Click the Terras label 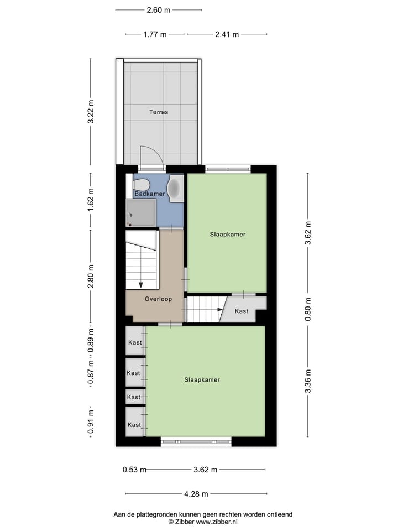pyautogui.click(x=158, y=112)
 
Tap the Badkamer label pyautogui.click(x=150, y=194)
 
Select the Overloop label pyautogui.click(x=158, y=299)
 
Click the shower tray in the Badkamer pyautogui.click(x=141, y=213)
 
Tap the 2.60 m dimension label pyautogui.click(x=159, y=9)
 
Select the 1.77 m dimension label pyautogui.click(x=155, y=34)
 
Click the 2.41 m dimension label pyautogui.click(x=227, y=34)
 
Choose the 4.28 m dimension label pyautogui.click(x=196, y=494)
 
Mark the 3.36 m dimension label pyautogui.click(x=308, y=381)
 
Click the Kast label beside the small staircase pyautogui.click(x=242, y=311)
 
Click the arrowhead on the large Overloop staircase pyautogui.click(x=141, y=284)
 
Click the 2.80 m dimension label pyautogui.click(x=91, y=276)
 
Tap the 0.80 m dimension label pyautogui.click(x=308, y=310)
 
